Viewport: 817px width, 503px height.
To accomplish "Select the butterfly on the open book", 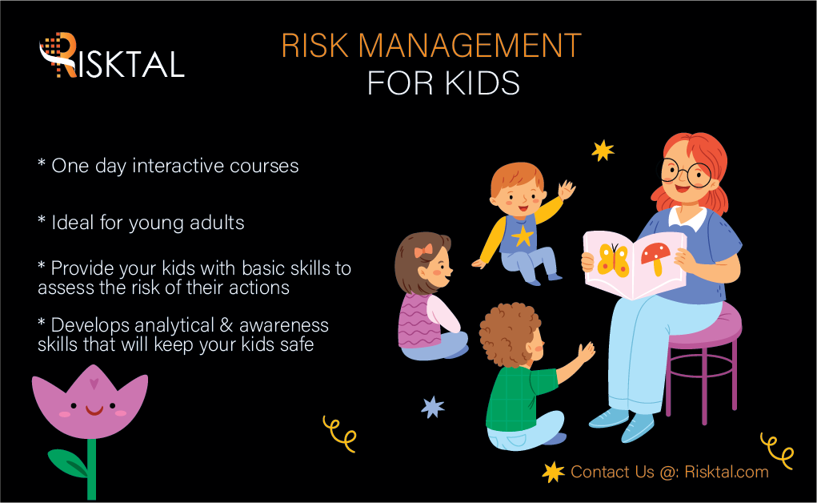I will [x=614, y=258].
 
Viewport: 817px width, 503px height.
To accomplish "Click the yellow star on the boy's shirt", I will [x=523, y=235].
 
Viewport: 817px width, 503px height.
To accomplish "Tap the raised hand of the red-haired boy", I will [x=567, y=191].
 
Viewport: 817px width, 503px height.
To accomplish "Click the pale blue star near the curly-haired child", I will [x=433, y=407].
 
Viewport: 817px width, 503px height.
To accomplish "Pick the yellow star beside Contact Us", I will [x=553, y=472].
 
